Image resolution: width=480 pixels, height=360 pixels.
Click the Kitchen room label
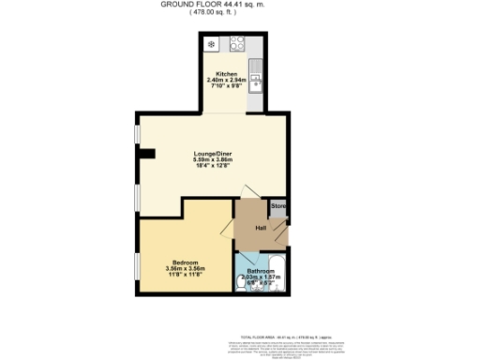click(226, 73)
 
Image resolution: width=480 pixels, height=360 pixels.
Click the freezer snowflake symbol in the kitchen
click(212, 43)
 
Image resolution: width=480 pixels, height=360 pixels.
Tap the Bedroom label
click(184, 262)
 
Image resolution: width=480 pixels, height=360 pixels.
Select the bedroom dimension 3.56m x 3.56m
click(184, 268)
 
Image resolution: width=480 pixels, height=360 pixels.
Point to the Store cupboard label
click(278, 205)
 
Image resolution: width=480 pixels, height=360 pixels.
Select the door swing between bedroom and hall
click(226, 231)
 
